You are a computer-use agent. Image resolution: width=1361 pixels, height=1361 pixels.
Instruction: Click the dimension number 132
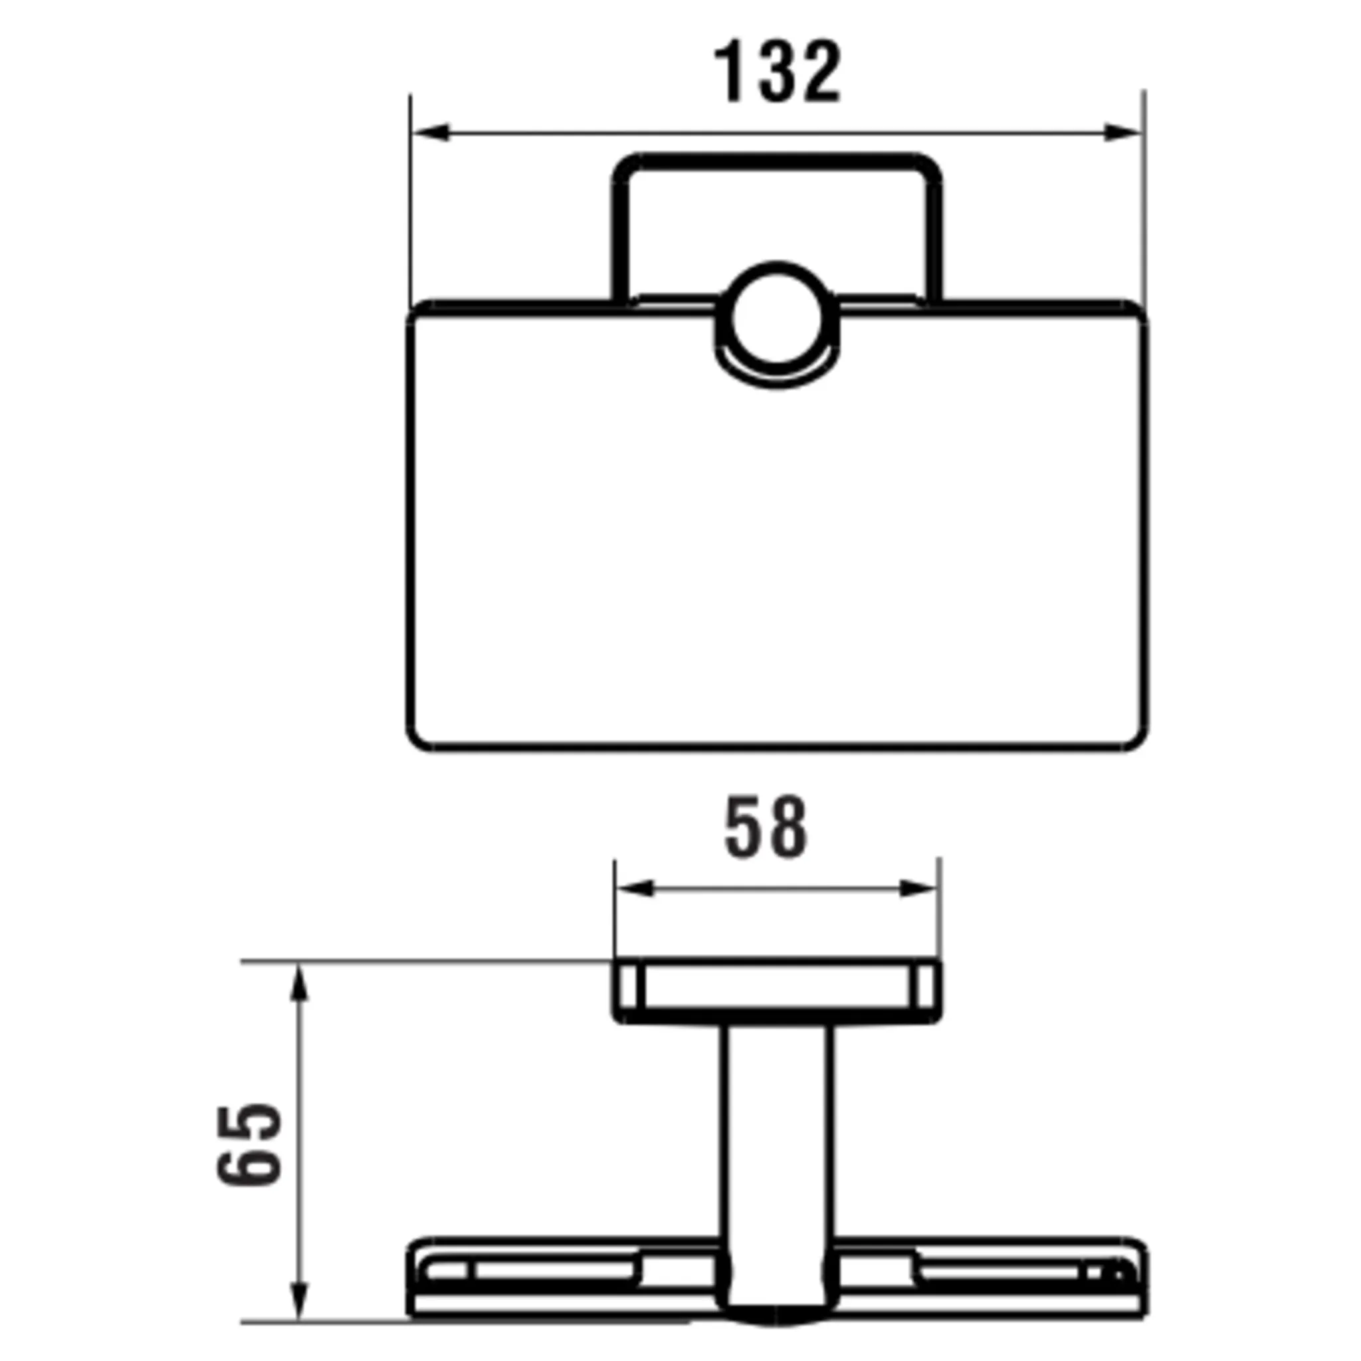tap(777, 72)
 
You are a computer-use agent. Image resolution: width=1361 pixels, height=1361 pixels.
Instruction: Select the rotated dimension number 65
tap(249, 1146)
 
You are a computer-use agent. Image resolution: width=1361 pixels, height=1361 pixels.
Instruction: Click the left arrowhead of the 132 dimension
tap(431, 132)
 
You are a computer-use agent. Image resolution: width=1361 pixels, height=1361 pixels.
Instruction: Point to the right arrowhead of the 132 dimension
tap(1122, 132)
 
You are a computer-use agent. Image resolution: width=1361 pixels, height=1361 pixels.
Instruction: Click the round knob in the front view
tap(777, 318)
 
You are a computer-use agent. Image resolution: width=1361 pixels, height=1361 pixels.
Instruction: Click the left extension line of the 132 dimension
tap(410, 211)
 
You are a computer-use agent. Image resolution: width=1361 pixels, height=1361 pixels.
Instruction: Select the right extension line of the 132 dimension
tap(1144, 211)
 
